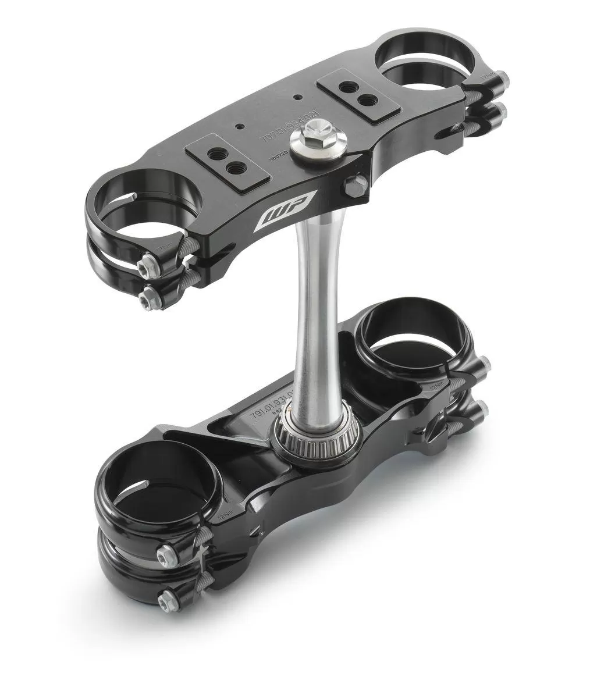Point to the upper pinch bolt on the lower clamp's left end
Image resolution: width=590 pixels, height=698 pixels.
pos(166,550)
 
